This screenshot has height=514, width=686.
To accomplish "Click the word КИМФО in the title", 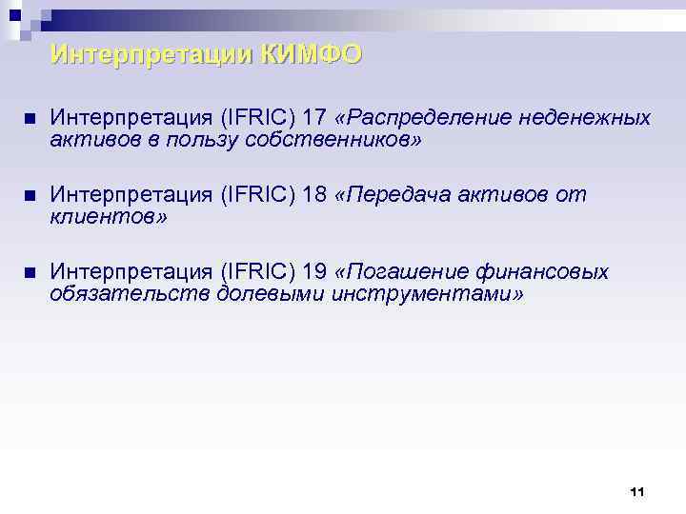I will point(313,55).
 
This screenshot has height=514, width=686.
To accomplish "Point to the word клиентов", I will point(107,218).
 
